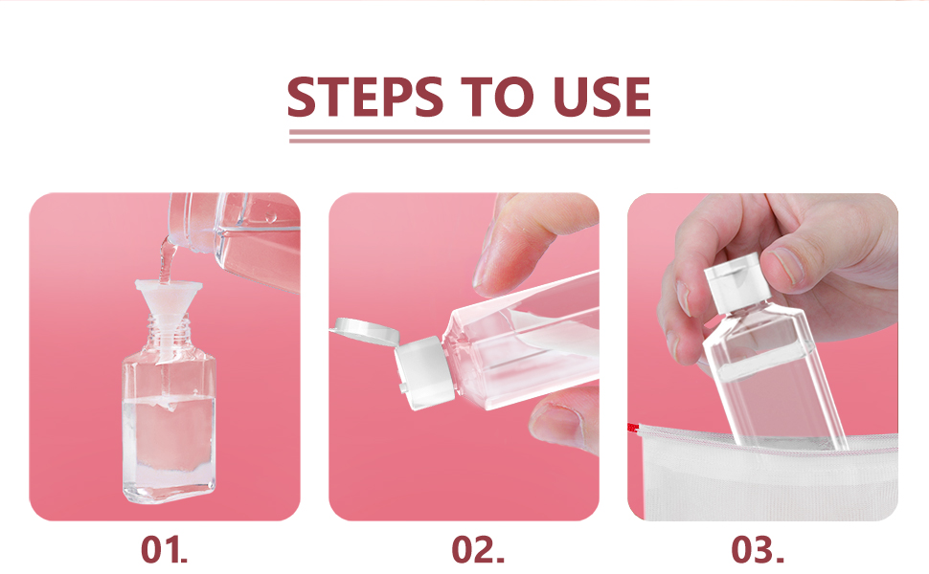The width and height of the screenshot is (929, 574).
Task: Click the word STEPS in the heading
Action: click(365, 97)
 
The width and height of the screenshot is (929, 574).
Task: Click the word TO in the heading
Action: click(497, 97)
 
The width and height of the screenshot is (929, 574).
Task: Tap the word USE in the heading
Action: click(601, 97)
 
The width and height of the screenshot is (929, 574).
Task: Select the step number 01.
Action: click(164, 550)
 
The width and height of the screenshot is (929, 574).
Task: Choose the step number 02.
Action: click(478, 550)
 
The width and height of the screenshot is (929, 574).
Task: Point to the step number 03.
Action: click(758, 550)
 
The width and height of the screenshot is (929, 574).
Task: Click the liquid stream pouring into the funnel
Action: click(167, 260)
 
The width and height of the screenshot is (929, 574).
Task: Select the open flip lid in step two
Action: click(366, 331)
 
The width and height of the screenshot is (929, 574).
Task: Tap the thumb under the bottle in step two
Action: click(563, 420)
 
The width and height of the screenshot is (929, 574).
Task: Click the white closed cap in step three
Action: click(738, 282)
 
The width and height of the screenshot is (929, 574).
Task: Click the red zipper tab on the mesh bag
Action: click(634, 428)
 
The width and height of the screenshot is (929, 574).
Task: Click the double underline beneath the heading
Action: click(469, 136)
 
